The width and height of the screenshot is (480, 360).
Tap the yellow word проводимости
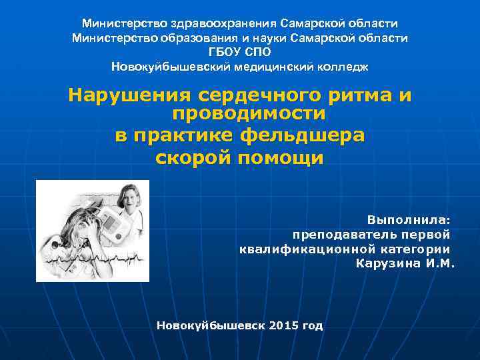point(249,114)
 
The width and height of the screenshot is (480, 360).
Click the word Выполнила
point(407,219)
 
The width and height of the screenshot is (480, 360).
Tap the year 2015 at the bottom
point(285,326)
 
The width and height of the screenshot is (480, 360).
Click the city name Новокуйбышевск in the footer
point(210,326)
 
